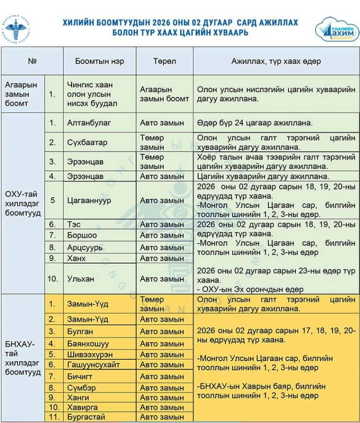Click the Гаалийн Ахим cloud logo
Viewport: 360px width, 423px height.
pyautogui.click(x=335, y=29)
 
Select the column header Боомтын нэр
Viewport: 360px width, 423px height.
pyautogui.click(x=99, y=61)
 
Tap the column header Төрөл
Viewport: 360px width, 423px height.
pyautogui.click(x=165, y=61)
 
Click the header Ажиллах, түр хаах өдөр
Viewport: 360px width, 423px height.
pyautogui.click(x=276, y=61)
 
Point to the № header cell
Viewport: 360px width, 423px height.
pyautogui.click(x=32, y=61)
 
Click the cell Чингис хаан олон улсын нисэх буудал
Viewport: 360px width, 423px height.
pyautogui.click(x=89, y=94)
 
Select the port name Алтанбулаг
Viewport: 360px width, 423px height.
pyautogui.click(x=89, y=123)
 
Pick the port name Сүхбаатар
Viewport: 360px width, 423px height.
pyautogui.click(x=87, y=142)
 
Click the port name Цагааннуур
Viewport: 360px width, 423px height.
pyautogui.click(x=89, y=201)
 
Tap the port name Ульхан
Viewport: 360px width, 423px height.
pyautogui.click(x=81, y=279)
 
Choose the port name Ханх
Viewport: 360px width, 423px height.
pyautogui.click(x=76, y=258)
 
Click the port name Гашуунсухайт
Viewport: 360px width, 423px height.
pyautogui.click(x=93, y=365)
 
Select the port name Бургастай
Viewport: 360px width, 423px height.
pyautogui.click(x=86, y=417)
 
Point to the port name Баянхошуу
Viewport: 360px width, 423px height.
pyautogui.click(x=88, y=344)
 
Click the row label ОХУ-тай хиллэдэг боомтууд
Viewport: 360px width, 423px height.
pyautogui.click(x=23, y=203)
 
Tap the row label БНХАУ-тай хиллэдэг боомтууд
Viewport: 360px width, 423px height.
pyautogui.click(x=23, y=358)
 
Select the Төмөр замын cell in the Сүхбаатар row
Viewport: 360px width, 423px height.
pyautogui.click(x=152, y=142)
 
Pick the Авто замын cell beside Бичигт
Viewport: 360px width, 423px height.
pyautogui.click(x=162, y=376)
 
